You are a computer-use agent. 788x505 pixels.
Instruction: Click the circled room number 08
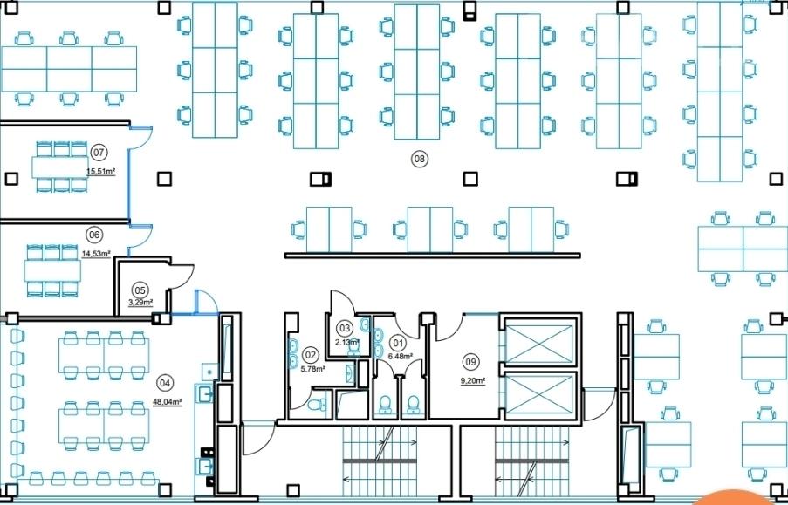[x=419, y=160]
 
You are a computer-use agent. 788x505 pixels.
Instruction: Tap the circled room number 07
[x=99, y=152]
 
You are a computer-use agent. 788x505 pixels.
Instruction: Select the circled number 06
[x=94, y=235]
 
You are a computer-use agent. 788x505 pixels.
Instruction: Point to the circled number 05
[x=140, y=290]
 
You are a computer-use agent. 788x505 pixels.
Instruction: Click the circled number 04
[x=165, y=383]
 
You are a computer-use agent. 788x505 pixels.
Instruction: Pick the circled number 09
[x=471, y=362]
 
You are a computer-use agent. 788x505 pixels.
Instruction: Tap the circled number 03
[x=345, y=329]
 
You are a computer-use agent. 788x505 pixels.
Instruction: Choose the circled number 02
[x=311, y=355]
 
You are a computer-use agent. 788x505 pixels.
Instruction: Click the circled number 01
[x=398, y=344]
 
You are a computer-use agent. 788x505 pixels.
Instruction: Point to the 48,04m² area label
[x=168, y=401]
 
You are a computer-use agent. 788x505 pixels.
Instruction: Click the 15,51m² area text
[x=101, y=171]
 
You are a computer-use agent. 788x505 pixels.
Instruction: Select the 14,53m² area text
[x=96, y=254]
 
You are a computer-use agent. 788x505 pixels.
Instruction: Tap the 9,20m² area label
[x=473, y=381]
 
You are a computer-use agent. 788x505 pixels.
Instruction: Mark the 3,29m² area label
[x=140, y=302]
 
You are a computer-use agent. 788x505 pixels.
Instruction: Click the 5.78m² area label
[x=312, y=368]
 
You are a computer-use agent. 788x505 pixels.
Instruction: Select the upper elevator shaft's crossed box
[x=538, y=344]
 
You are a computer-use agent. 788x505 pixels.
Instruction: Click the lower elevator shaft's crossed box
[x=538, y=395]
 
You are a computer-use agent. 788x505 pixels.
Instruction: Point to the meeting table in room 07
[x=60, y=167]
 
